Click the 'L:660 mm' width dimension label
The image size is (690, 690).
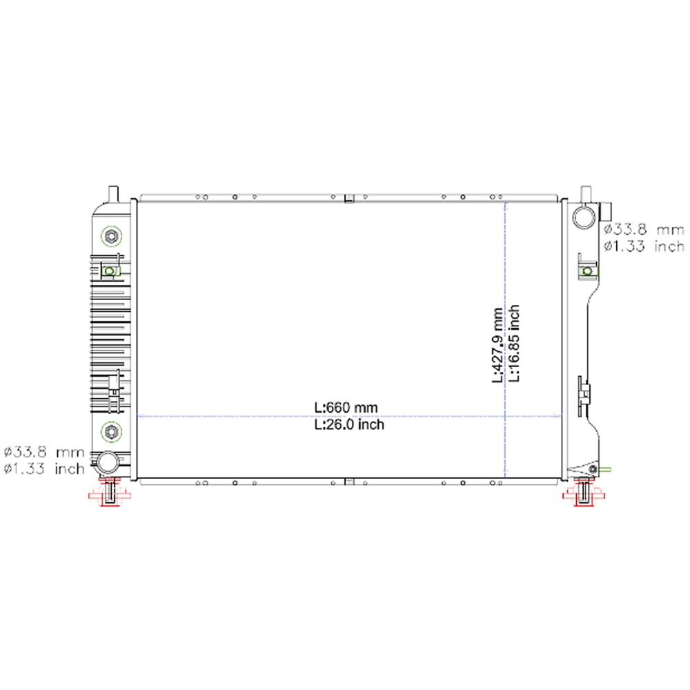pos(346,408)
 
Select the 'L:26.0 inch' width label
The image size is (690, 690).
pos(349,424)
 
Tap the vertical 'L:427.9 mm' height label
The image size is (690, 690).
pos(497,346)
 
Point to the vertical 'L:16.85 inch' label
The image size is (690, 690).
pos(514,343)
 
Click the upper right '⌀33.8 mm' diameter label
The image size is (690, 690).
pos(644,230)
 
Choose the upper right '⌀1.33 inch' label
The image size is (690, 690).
pos(644,246)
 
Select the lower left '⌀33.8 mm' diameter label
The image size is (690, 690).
pos(43,452)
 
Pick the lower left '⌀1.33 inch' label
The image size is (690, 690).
pos(43,469)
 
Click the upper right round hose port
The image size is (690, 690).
pos(584,217)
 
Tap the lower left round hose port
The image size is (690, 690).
pos(108,462)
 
